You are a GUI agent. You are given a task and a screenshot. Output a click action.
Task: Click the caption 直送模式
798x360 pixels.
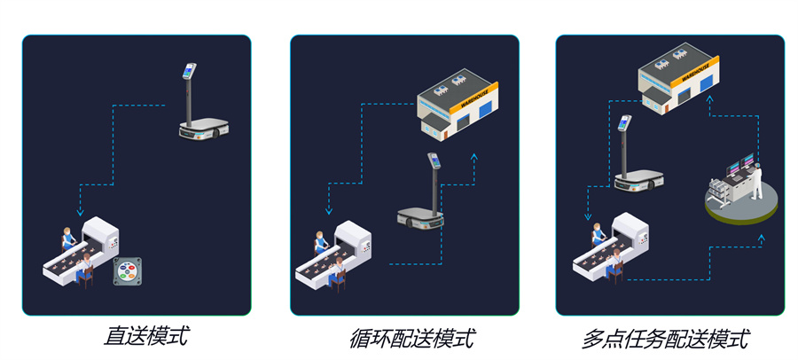[x=145, y=337]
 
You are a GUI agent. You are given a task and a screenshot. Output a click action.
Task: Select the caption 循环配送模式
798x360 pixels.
[x=411, y=338]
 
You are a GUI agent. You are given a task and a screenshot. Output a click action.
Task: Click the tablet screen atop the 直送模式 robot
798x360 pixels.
[x=188, y=70]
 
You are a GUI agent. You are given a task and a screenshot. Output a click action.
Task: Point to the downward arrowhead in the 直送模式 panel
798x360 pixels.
[x=80, y=212]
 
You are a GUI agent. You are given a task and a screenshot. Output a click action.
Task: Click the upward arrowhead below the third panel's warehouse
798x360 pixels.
[x=708, y=102]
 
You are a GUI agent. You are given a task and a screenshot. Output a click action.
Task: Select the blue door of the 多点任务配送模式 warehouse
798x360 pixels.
[x=706, y=83]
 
